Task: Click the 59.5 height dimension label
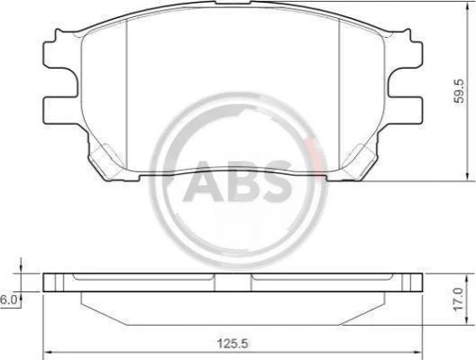click(x=460, y=91)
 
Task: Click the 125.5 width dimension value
click(x=233, y=344)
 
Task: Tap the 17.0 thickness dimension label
click(x=460, y=300)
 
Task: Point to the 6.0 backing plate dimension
click(x=7, y=300)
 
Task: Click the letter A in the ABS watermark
click(x=204, y=182)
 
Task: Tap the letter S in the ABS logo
click(x=277, y=182)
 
